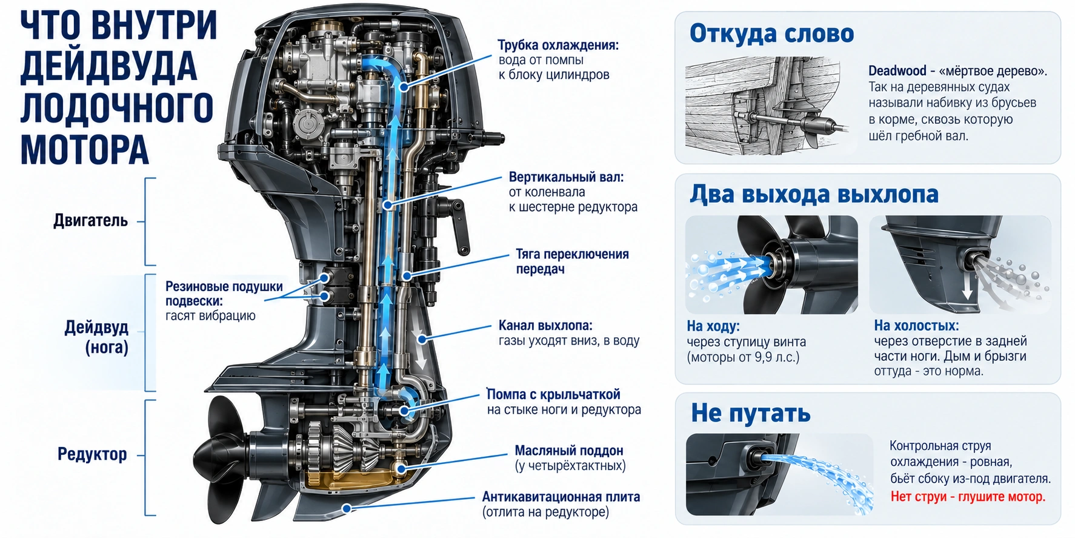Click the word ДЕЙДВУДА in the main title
(x=109, y=66)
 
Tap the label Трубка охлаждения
(x=558, y=45)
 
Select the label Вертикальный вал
(x=566, y=177)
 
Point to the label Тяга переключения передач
(x=572, y=261)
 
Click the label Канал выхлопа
(x=545, y=326)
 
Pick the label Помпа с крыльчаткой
(x=553, y=394)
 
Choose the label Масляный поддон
(x=569, y=451)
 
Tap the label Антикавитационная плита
(x=561, y=497)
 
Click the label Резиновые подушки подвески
(x=224, y=294)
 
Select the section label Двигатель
(x=91, y=220)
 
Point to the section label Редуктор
(x=92, y=454)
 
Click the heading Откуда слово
(x=771, y=33)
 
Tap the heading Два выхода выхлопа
(x=814, y=194)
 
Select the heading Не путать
(x=751, y=413)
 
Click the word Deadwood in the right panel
(x=897, y=71)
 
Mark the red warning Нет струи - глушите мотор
(x=968, y=497)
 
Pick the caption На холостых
(x=916, y=326)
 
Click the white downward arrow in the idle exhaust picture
(x=967, y=286)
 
